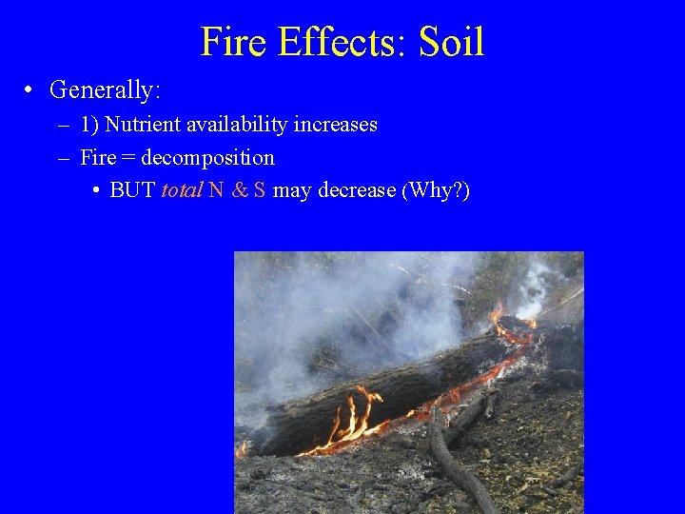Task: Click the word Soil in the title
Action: tap(451, 43)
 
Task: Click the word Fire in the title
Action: tap(232, 43)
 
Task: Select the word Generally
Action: tap(105, 90)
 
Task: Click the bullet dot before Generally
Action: tap(30, 90)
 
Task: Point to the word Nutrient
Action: tap(141, 125)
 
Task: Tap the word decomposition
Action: tap(207, 158)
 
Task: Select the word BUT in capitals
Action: tap(132, 190)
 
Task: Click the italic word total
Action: tap(181, 190)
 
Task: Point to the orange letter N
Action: tap(216, 190)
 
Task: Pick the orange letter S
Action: tap(259, 190)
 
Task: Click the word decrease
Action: tap(356, 190)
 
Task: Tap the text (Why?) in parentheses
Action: tap(436, 190)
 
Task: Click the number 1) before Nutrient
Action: tap(90, 125)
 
